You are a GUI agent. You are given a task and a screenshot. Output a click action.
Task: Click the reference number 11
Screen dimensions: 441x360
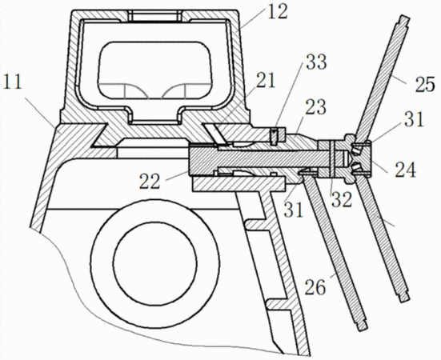12,83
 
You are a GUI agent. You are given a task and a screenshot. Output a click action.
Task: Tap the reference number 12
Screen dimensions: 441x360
277,12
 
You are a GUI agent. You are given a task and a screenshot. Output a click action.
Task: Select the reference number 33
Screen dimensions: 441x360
316,62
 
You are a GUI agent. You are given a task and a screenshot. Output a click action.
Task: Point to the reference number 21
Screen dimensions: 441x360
265,81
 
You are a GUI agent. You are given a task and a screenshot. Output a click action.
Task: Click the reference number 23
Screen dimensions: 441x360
316,107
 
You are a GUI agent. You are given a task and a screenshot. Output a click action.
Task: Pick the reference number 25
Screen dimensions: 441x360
425,85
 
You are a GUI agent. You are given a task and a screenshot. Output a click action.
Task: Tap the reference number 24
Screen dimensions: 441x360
405,170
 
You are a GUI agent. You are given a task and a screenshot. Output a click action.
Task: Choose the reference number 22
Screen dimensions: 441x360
150,182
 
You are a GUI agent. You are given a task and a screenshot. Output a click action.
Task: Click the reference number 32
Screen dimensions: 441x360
342,199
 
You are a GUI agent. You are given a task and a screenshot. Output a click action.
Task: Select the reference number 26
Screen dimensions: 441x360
315,288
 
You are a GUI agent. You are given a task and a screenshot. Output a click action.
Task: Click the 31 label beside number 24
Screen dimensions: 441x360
414,119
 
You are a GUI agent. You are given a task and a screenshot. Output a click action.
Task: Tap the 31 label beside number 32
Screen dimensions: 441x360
294,210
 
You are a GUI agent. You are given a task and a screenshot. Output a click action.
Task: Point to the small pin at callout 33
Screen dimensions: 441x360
274,137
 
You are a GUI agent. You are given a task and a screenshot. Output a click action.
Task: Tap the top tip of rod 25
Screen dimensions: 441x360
404,18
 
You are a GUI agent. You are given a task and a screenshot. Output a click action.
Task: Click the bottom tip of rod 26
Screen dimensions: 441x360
363,328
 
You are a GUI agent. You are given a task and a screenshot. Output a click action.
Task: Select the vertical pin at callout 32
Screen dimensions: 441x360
332,159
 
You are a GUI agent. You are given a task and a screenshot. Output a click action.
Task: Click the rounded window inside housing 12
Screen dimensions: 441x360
154,70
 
